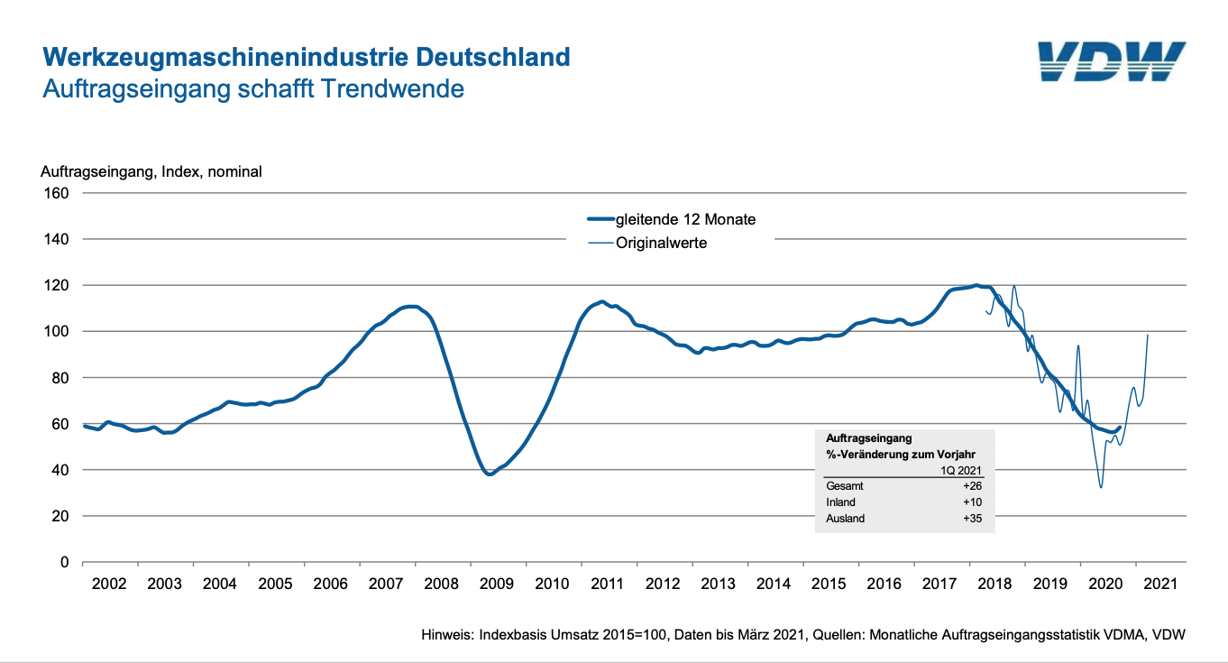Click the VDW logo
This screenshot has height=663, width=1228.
click(x=1110, y=61)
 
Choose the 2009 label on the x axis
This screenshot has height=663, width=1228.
click(x=496, y=584)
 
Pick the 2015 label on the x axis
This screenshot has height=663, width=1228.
click(x=829, y=584)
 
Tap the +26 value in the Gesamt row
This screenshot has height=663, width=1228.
click(x=971, y=486)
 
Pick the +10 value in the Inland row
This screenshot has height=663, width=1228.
click(x=971, y=502)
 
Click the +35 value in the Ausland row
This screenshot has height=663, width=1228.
click(x=971, y=519)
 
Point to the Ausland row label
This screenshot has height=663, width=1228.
click(x=845, y=519)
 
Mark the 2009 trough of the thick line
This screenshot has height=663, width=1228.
click(x=490, y=474)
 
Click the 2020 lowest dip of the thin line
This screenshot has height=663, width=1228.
click(x=1101, y=488)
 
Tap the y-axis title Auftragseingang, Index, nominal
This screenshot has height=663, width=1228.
click(x=151, y=171)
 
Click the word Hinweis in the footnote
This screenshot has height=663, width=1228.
click(x=448, y=635)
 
